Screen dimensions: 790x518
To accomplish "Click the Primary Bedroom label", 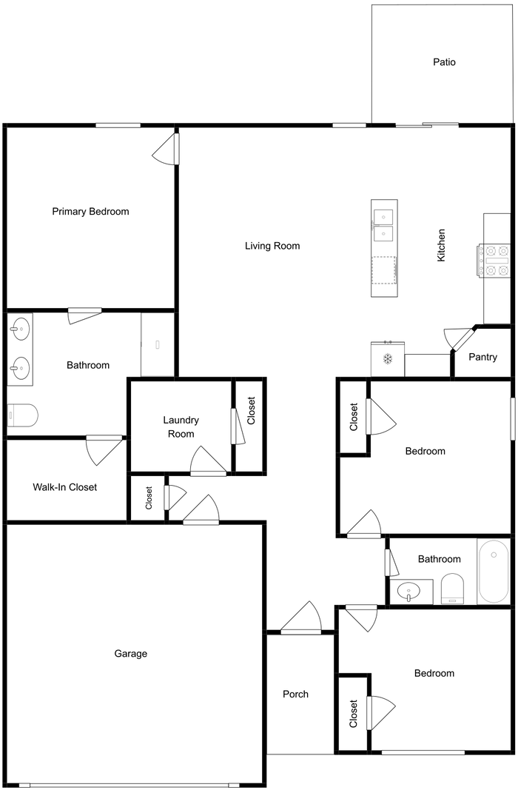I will point(90,212).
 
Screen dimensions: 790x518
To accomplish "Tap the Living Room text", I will point(272,246).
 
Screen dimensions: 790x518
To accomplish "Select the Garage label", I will point(130,654).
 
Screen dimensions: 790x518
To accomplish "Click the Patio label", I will point(444,62).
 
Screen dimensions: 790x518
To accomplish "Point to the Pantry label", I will point(482,357).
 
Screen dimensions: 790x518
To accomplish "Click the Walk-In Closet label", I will point(64,487).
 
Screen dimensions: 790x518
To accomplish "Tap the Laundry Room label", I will point(181,426).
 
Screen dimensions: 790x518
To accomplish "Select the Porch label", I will point(295,694).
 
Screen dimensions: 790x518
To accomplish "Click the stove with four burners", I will point(495,261).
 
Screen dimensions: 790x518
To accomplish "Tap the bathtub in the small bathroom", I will point(494,571).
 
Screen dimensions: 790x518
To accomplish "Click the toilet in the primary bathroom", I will point(21,416).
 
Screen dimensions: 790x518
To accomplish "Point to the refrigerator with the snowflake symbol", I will point(386,360).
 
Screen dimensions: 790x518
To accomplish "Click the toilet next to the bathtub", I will point(451,590).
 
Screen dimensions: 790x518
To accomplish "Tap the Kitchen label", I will point(441,244).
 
